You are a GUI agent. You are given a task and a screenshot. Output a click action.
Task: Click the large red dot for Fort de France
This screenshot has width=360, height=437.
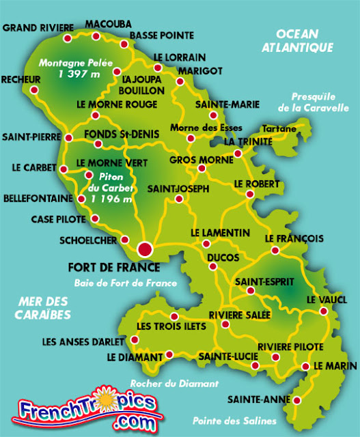pyautogui.click(x=145, y=249)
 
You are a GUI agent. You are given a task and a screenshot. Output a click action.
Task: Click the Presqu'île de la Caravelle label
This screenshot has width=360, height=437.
pyautogui.click(x=320, y=102)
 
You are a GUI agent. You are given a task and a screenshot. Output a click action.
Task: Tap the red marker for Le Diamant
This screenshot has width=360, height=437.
pyautogui.click(x=169, y=355)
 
